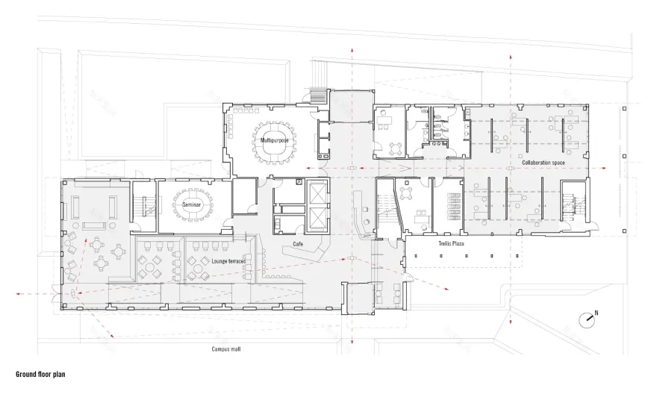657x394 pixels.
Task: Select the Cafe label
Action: click(298, 243)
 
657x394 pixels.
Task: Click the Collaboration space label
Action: click(543, 162)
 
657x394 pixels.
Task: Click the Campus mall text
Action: click(225, 348)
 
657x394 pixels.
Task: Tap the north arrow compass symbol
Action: click(587, 319)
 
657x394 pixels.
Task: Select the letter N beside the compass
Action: click(597, 313)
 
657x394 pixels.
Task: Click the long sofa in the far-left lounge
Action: click(93, 225)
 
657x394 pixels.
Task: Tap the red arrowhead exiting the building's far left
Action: click(17, 294)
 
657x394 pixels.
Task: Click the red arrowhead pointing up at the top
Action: click(351, 49)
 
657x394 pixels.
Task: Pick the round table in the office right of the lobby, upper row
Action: click(395, 146)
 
